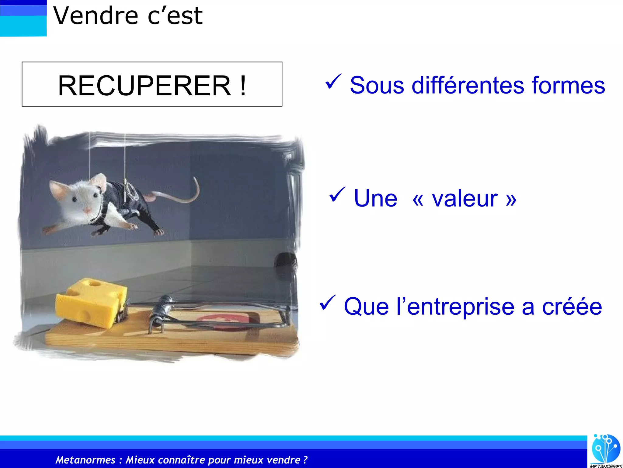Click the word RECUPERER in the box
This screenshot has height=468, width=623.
tap(144, 86)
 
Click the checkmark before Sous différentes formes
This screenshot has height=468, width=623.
tap(333, 82)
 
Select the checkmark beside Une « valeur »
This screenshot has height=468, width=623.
tap(337, 195)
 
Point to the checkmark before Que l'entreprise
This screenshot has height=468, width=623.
tap(327, 303)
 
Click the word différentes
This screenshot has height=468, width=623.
tap(468, 85)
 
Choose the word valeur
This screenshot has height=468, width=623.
tap(465, 199)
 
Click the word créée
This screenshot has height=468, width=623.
tap(572, 307)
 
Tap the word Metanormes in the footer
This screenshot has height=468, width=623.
tap(85, 460)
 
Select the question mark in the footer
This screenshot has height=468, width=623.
tap(305, 460)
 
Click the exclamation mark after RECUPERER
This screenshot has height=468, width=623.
tap(242, 86)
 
